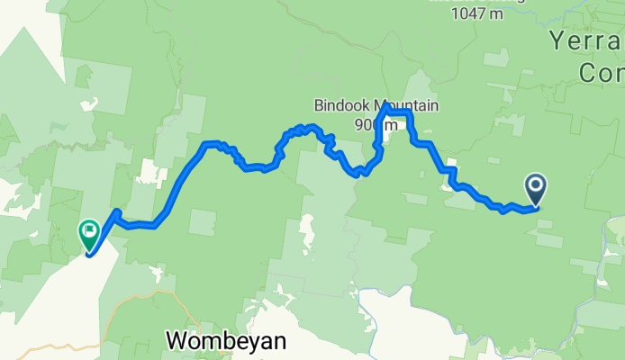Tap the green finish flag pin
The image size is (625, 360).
click(89, 235)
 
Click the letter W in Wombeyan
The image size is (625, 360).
click(177, 341)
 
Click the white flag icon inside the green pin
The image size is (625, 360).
click(89, 231)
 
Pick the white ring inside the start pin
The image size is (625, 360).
click(535, 185)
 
